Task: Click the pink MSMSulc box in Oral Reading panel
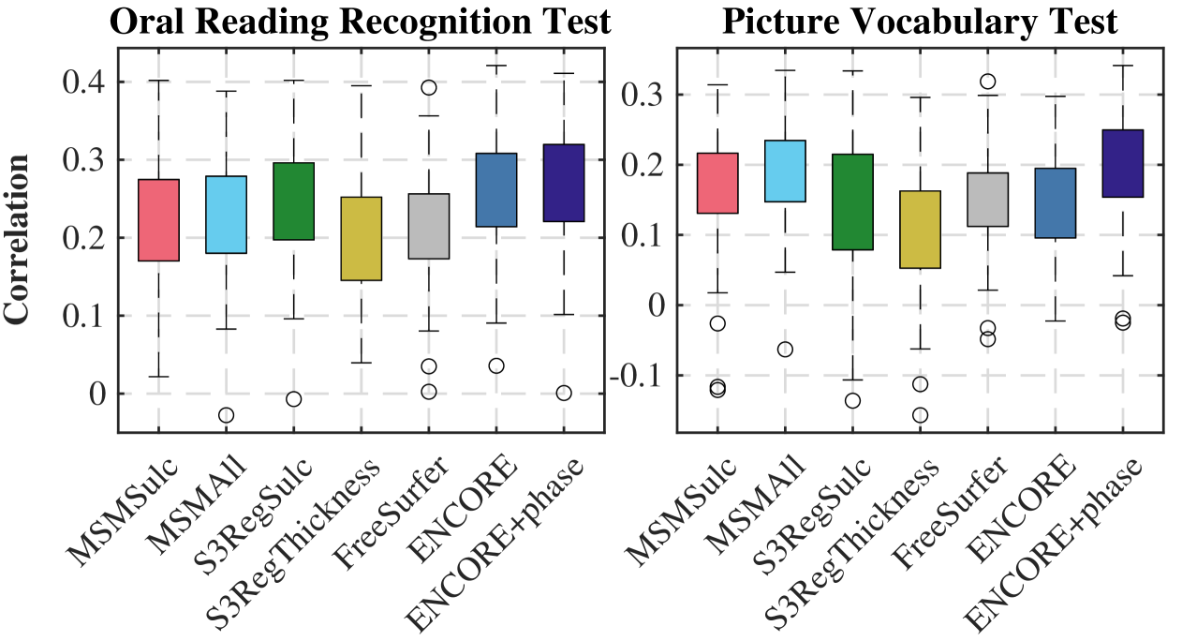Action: click(157, 219)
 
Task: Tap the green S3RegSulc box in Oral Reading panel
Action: click(293, 201)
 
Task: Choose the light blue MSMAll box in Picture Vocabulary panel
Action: click(784, 171)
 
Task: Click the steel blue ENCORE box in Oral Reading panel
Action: click(496, 189)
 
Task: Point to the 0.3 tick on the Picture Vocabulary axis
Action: click(647, 95)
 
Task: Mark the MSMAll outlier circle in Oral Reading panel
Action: click(226, 415)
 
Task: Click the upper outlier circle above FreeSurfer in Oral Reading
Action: click(428, 87)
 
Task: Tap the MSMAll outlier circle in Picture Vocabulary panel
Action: click(784, 350)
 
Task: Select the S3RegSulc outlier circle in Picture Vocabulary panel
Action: click(852, 400)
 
